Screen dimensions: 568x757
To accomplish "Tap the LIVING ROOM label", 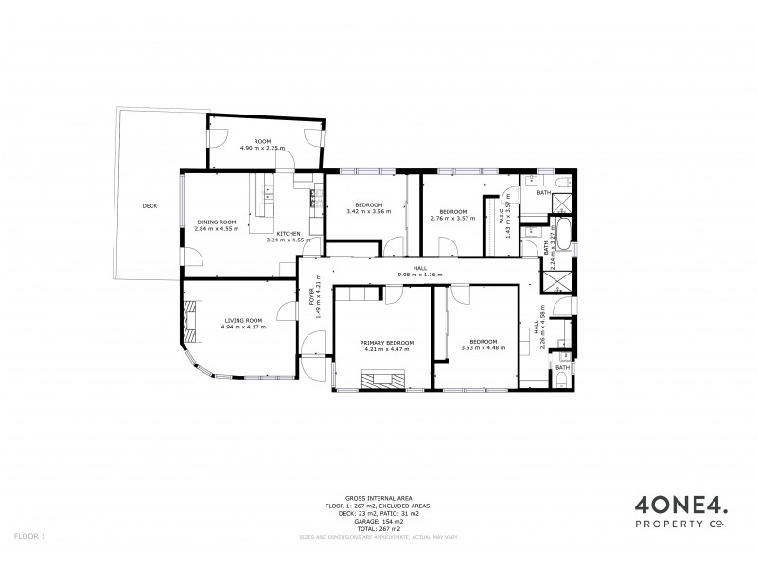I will (243, 321).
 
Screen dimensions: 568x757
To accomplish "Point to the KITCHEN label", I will (289, 233).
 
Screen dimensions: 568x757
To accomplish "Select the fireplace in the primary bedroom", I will (383, 381).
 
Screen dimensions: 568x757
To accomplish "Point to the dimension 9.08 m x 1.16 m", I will (419, 275).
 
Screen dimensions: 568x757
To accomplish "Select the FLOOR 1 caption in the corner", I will (30, 537).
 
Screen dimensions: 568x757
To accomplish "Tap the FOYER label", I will (309, 294).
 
